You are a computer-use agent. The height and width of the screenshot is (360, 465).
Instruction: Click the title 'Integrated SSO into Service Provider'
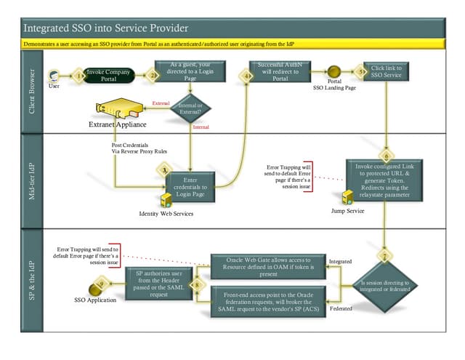106,28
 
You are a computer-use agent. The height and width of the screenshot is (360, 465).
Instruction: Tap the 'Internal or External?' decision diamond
190,109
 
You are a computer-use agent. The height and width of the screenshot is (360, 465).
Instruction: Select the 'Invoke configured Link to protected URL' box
383,180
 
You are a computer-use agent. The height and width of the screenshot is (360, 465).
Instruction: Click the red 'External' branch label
160,103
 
